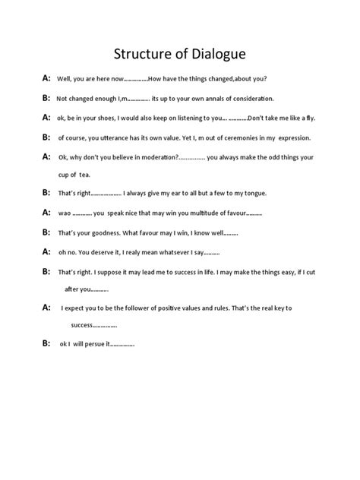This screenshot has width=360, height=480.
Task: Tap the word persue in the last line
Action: pos(95,344)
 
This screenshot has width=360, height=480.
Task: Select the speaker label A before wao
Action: pos(46,212)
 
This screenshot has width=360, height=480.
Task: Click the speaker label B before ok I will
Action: pos(46,343)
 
